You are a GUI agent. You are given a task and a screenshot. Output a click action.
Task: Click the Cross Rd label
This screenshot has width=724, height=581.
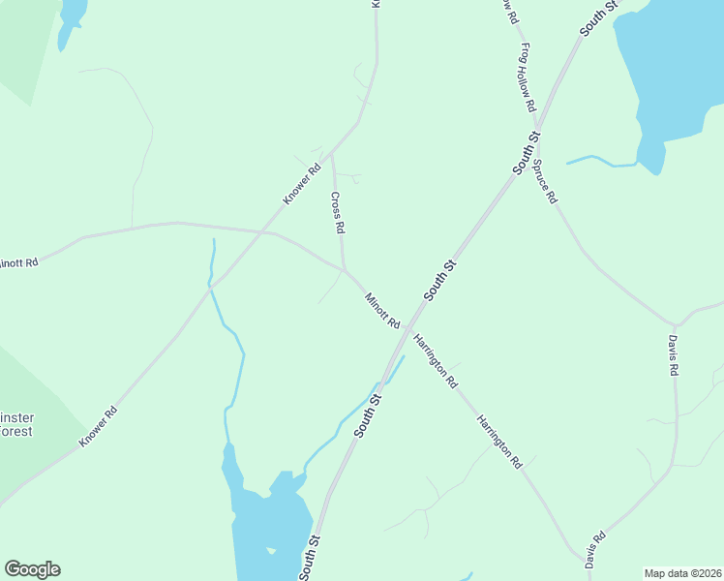(338, 213)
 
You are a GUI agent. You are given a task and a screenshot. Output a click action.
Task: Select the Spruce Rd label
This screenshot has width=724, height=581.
(545, 181)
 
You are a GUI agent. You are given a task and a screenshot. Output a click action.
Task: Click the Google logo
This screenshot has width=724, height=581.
(32, 569)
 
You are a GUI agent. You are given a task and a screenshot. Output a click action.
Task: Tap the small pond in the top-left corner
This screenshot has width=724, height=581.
(70, 19)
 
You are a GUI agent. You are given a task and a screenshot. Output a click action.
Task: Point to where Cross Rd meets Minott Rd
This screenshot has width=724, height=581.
(345, 270)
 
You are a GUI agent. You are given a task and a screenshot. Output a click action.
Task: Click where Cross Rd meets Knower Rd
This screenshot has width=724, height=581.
(332, 153)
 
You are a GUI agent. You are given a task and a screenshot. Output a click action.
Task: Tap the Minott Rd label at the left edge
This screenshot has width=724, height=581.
(17, 262)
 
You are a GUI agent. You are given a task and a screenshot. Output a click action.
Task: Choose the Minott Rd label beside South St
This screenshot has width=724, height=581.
(382, 310)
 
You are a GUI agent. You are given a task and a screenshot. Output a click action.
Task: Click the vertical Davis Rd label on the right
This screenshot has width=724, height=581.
(673, 355)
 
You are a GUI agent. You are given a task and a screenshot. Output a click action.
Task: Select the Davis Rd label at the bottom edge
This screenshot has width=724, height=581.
(595, 549)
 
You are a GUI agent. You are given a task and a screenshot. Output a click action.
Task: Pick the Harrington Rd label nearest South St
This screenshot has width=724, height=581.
(436, 361)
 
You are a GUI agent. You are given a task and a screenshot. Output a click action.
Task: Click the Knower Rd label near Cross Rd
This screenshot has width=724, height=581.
(301, 184)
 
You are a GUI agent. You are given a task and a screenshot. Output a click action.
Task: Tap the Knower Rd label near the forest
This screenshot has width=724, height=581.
(98, 425)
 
